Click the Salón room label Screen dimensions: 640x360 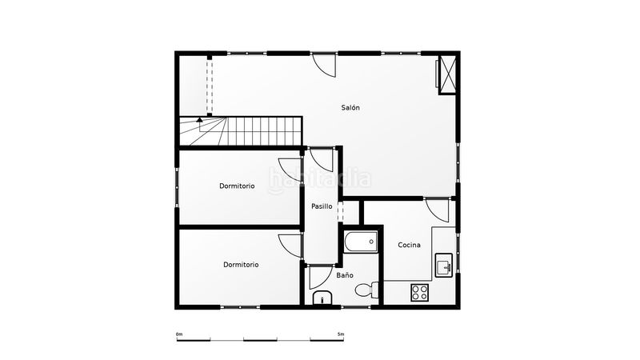click(350, 108)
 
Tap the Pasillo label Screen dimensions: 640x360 click(322, 206)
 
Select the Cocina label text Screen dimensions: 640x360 click(409, 245)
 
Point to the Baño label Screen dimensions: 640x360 click(345, 275)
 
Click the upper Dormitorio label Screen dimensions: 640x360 click(237, 186)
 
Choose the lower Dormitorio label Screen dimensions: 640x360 click(241, 265)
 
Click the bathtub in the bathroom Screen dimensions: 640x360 click(361, 242)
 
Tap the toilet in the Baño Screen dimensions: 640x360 click(366, 290)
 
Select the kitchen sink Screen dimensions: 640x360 click(444, 265)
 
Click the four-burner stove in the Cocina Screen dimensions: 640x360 click(419, 292)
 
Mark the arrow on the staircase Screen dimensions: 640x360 click(199, 120)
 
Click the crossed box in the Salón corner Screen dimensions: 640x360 click(447, 74)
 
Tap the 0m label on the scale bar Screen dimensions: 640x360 click(179, 334)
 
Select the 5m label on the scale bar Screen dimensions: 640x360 click(341, 334)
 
